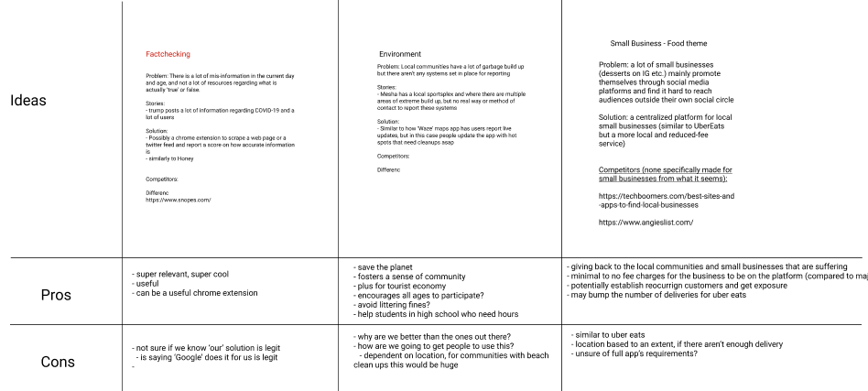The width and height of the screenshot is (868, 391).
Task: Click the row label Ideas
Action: pyautogui.click(x=28, y=100)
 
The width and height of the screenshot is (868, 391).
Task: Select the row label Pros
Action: pyautogui.click(x=58, y=295)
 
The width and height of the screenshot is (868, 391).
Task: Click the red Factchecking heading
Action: pyautogui.click(x=168, y=54)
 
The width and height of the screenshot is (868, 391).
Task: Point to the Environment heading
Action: pyautogui.click(x=399, y=54)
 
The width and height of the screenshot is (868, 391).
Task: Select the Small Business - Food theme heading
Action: pyautogui.click(x=658, y=43)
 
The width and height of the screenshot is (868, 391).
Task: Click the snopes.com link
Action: pyautogui.click(x=179, y=200)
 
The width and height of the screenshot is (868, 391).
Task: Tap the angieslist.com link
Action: pyautogui.click(x=646, y=223)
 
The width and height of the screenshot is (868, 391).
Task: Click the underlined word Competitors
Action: pyautogui.click(x=620, y=170)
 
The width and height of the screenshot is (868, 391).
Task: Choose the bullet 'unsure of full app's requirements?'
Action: pyautogui.click(x=637, y=353)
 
